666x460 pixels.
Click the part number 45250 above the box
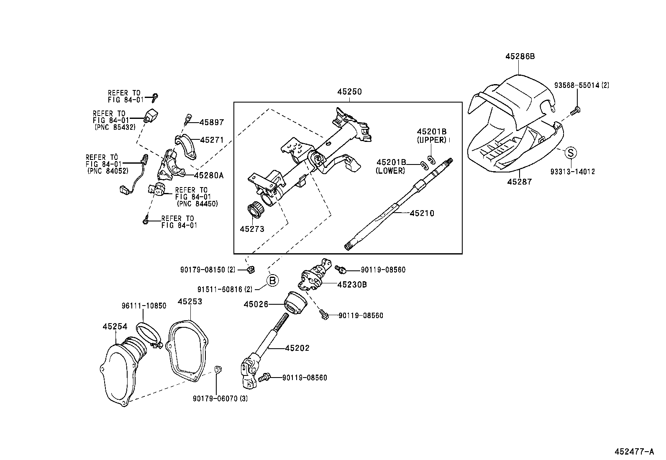tap(350, 92)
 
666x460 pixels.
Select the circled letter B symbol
tap(272, 281)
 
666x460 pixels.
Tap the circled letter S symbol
tap(571, 153)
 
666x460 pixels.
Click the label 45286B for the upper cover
tap(520, 56)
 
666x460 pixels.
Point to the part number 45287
tap(519, 182)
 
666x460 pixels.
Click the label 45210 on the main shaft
tap(422, 213)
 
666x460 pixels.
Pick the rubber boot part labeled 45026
tap(296, 304)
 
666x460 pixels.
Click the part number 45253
tap(190, 301)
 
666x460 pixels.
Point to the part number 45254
tap(115, 326)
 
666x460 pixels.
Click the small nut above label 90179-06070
tap(218, 369)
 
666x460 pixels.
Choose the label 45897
tap(212, 122)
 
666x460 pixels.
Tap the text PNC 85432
tap(115, 127)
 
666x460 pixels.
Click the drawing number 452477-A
tap(634, 452)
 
